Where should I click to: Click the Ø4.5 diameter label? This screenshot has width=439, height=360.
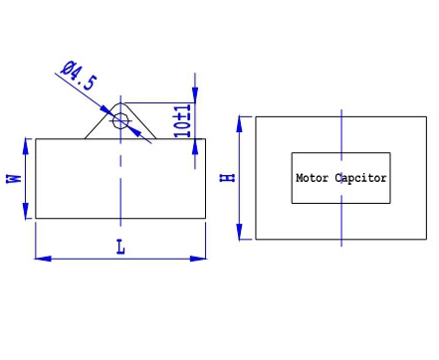click(x=80, y=76)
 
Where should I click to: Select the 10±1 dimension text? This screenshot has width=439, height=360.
click(x=183, y=121)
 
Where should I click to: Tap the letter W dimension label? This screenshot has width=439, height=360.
click(x=14, y=179)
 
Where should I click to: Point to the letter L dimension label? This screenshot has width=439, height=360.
click(x=120, y=248)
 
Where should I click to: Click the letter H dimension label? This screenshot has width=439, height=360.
click(x=228, y=178)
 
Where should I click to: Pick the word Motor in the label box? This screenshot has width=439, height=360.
click(x=313, y=178)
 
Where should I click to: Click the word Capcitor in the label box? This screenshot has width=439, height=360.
click(x=360, y=178)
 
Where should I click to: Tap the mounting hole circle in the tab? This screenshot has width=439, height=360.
click(x=120, y=121)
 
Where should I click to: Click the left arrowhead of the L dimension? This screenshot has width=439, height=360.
click(x=43, y=259)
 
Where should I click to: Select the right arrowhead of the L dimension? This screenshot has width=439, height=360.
click(x=198, y=259)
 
